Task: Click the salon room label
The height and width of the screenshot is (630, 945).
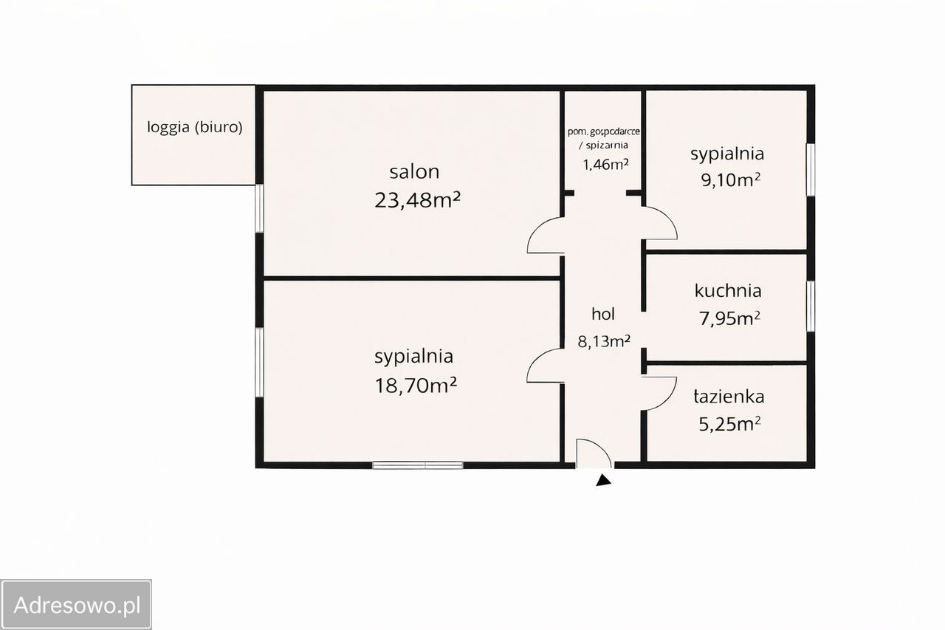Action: pos(414,172)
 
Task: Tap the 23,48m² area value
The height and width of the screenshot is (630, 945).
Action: pos(418,199)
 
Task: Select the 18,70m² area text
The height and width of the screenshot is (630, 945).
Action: pos(413,384)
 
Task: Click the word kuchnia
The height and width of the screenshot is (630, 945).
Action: pos(727,291)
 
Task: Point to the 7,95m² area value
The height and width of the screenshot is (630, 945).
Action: pos(729,318)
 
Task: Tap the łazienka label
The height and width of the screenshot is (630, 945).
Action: pos(728,397)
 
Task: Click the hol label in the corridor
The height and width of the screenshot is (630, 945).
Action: pos(602,314)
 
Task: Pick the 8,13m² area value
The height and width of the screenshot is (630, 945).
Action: pos(603,340)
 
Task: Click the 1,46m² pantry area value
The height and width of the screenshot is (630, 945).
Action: pos(605,164)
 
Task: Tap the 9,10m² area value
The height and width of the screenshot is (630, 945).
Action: pos(730,179)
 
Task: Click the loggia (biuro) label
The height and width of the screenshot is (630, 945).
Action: pos(195,127)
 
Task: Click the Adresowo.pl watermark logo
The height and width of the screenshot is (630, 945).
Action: pos(77,605)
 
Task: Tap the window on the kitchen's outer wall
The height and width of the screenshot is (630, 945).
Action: pos(810,306)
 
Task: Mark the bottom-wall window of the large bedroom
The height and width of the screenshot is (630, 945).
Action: pos(418,465)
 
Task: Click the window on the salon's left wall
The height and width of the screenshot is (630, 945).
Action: pos(259,208)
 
